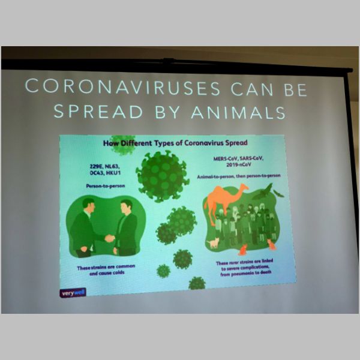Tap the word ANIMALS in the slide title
point(238,113)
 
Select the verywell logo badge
point(73,293)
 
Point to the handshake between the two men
point(110,238)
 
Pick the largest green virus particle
point(163,176)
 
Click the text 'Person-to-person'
point(106,186)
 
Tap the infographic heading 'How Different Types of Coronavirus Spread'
point(175,143)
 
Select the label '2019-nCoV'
point(239,164)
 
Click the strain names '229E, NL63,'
point(104,166)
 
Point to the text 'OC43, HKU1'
point(105,173)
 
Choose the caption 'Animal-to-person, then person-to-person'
point(239,176)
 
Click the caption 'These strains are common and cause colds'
point(106,270)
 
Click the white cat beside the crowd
point(213,242)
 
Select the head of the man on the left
point(88,205)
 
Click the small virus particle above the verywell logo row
point(163,271)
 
